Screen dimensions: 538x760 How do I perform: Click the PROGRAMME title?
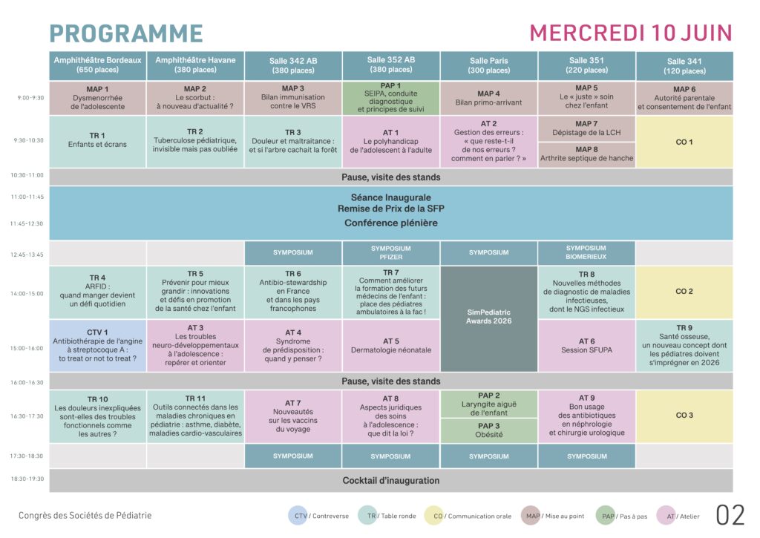pos(126,33)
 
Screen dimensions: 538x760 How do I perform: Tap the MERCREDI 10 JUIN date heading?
pos(630,33)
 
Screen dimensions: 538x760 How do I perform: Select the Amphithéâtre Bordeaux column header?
pos(98,65)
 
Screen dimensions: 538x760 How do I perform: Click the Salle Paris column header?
pos(489,65)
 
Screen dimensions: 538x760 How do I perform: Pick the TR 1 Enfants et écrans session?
pos(97,140)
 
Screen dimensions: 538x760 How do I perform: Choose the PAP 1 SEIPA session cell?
pos(391,98)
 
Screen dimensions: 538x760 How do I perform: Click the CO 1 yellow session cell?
pos(684,142)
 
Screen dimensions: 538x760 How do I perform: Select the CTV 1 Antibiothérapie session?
pos(97,345)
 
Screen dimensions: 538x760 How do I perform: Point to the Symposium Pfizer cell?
pos(391,252)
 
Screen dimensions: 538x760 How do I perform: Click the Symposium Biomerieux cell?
pos(586,252)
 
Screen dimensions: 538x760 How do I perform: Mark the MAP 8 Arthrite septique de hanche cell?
pos(586,154)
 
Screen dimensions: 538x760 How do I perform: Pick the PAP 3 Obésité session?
pos(489,430)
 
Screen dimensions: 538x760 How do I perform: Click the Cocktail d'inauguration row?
pos(391,480)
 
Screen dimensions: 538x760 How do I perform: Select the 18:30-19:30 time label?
pos(28,480)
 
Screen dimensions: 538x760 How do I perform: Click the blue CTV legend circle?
pos(300,516)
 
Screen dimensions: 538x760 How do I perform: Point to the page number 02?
pos(729,515)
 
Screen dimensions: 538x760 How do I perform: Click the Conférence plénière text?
pos(391,223)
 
